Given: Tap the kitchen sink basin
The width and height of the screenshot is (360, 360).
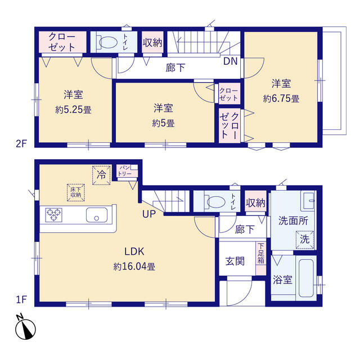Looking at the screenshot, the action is coord(97,215).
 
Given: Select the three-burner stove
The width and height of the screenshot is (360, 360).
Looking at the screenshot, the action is coord(54,215).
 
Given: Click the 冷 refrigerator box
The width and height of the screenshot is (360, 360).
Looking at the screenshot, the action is coord(101,175).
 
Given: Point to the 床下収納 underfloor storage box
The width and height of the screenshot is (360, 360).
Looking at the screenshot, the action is coord(76,192).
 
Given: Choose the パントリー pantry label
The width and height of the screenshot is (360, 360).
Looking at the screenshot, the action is coord(125,171).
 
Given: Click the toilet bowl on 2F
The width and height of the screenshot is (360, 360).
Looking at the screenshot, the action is coord(108,42).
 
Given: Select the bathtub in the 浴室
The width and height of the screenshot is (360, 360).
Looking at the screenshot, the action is coord(306,278).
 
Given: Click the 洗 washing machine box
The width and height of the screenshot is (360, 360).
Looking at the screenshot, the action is coord(305,240).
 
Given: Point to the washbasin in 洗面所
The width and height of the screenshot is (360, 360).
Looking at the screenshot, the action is coord(308,201).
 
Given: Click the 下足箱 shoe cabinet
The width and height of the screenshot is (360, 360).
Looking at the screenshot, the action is coord(261,258).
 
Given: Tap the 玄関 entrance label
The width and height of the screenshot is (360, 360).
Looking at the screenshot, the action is coord(235,261).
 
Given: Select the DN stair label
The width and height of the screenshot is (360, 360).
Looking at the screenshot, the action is coord(230,61).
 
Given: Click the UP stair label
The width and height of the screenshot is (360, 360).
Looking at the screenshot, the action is coord(149,214).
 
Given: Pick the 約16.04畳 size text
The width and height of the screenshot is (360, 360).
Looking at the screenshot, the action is coord(134,267).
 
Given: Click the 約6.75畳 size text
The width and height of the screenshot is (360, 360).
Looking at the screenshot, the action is coord(281,99).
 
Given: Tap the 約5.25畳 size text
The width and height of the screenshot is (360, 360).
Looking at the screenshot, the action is coord(73,110).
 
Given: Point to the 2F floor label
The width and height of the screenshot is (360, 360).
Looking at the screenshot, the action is coord(21,144).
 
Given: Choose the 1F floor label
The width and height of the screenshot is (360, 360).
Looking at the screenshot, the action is coord(21,300).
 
